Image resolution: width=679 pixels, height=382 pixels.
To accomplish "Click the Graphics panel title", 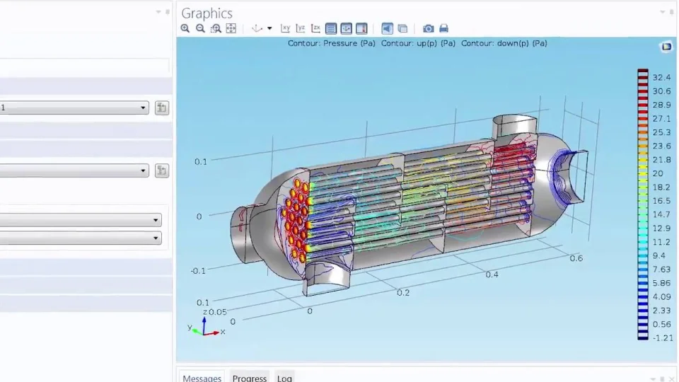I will pyautogui.click(x=207, y=13).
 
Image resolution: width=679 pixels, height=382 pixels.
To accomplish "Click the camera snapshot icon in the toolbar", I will pyautogui.click(x=428, y=28).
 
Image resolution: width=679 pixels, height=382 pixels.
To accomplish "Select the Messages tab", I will pyautogui.click(x=202, y=378).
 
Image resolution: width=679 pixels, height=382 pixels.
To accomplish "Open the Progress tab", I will pyautogui.click(x=249, y=378).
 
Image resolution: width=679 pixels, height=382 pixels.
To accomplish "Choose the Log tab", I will pyautogui.click(x=284, y=378).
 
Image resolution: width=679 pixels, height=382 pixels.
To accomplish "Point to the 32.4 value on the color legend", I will pyautogui.click(x=661, y=78).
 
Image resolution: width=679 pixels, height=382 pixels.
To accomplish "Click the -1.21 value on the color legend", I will pyautogui.click(x=662, y=338).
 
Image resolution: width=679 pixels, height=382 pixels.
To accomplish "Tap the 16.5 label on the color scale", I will pyautogui.click(x=661, y=201).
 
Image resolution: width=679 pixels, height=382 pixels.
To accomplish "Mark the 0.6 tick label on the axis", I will pyautogui.click(x=576, y=258).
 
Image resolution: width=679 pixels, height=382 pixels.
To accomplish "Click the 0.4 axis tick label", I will pyautogui.click(x=492, y=274).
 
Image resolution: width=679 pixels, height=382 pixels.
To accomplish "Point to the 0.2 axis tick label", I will pyautogui.click(x=403, y=292).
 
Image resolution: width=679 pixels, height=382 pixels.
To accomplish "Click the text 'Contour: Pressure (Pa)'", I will pyautogui.click(x=331, y=43).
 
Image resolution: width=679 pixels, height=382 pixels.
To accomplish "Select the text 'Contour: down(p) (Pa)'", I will pyautogui.click(x=504, y=43).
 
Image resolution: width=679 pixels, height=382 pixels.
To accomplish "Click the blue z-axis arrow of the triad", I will pyautogui.click(x=204, y=322).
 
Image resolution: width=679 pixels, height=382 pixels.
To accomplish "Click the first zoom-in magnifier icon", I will pyautogui.click(x=185, y=28).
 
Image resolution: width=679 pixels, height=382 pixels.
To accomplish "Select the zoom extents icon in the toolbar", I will pyautogui.click(x=231, y=28).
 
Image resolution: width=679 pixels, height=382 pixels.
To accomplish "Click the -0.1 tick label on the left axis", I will pyautogui.click(x=198, y=271).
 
